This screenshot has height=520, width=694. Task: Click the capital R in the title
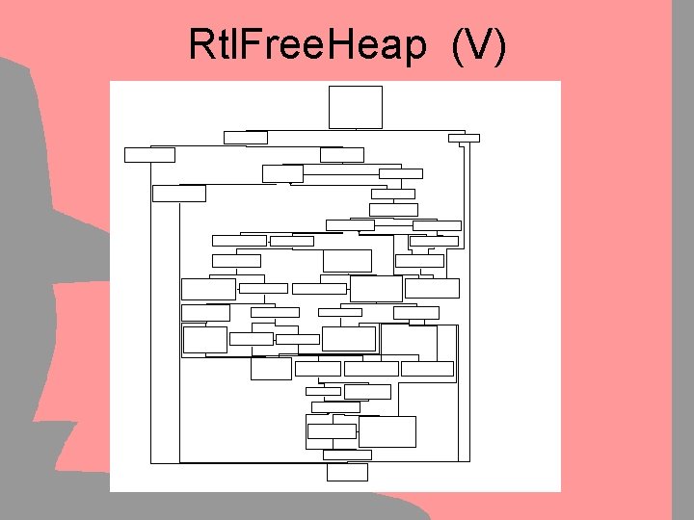(x=202, y=45)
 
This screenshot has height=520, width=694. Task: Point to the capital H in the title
(x=346, y=45)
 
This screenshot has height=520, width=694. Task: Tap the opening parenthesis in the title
(x=457, y=47)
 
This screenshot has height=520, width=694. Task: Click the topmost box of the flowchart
(x=356, y=107)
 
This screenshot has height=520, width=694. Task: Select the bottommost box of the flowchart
(x=347, y=472)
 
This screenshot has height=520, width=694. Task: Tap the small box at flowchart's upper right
(x=464, y=138)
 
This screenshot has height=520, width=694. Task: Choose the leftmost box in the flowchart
(x=149, y=154)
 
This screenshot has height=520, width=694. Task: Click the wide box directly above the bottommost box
(x=347, y=455)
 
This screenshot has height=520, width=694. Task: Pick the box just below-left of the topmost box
(x=246, y=137)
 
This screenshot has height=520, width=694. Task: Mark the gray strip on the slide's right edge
(x=682, y=260)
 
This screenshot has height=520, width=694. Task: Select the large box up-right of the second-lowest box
(x=387, y=431)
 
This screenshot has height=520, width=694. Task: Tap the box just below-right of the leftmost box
(x=179, y=193)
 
